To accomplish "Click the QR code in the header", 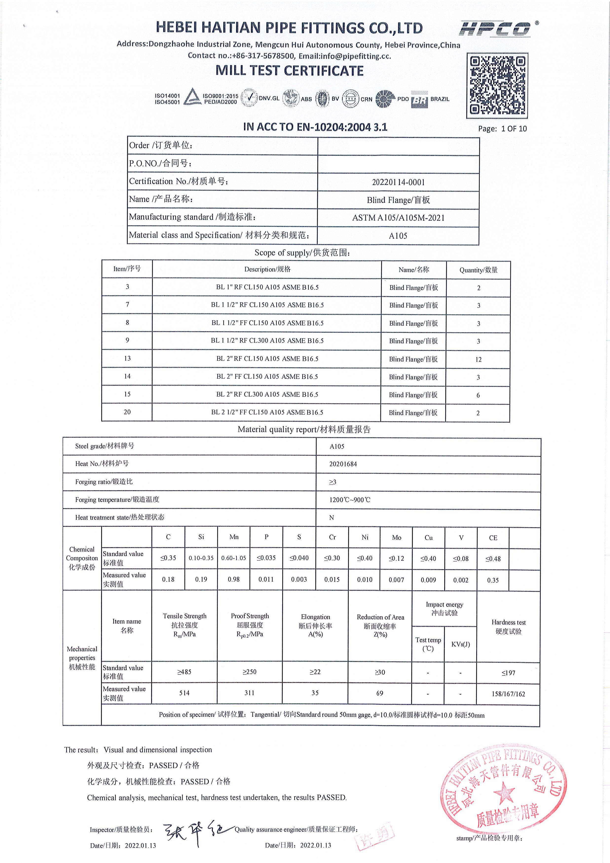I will point(497,86).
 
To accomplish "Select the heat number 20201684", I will point(343,464).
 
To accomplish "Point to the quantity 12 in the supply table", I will point(478,359).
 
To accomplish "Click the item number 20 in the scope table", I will point(127,412).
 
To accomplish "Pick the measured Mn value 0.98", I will point(234,579).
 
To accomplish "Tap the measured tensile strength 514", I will point(185,693).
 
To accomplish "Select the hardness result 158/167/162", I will point(508,694).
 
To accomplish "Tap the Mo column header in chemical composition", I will point(396,537).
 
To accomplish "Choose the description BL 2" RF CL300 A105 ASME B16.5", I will point(267,394).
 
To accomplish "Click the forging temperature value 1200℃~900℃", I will point(350,499).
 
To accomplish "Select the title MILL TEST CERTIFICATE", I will point(289,71).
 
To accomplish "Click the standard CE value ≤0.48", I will point(493,558).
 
